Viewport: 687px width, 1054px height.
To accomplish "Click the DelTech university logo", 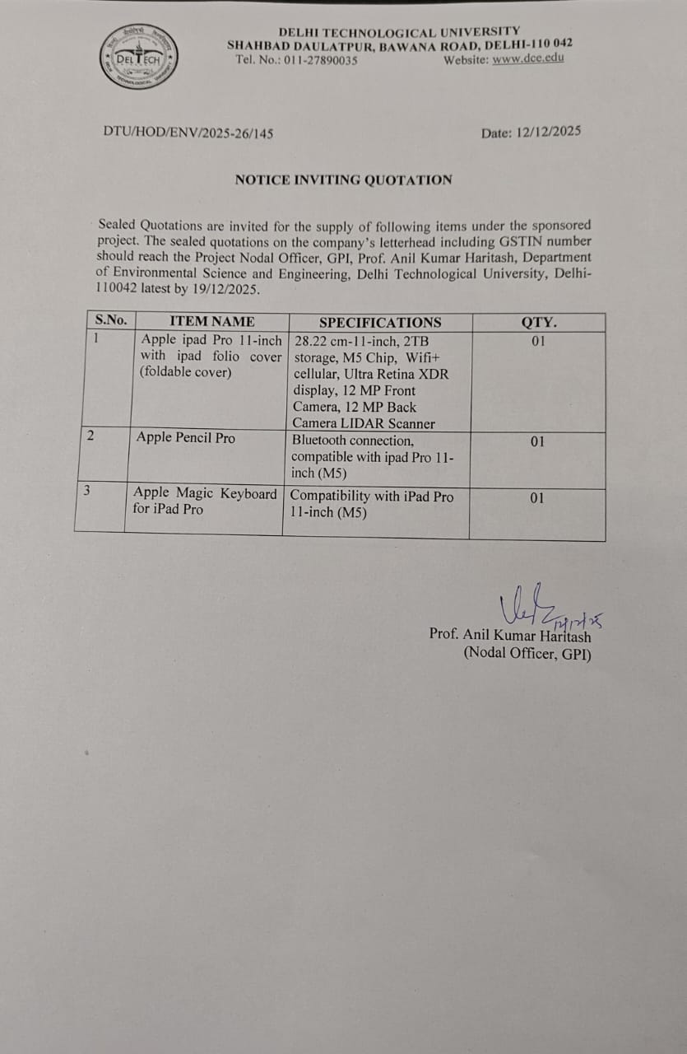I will pos(138,57).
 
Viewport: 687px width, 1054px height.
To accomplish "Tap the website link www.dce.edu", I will pos(528,59).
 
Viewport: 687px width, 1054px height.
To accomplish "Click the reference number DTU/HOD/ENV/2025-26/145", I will pos(188,133).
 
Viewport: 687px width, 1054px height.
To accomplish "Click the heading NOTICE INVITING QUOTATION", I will pos(343,180).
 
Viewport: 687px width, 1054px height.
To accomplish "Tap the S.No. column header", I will pos(111,321).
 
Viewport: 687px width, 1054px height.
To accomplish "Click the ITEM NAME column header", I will pos(211,321).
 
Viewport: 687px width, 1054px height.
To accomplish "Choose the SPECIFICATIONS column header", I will pos(379,322).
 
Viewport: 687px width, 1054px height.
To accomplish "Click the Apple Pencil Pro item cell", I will pos(185,438).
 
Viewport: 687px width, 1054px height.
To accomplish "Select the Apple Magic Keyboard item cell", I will pos(205,501).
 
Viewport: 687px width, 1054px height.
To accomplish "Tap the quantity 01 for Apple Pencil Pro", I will pos(537,442).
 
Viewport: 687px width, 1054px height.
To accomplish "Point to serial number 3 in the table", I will pos(86,491).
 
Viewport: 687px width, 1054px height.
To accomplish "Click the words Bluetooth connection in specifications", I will pos(353,441).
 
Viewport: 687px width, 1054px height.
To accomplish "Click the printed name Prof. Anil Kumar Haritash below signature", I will pos(509,635).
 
